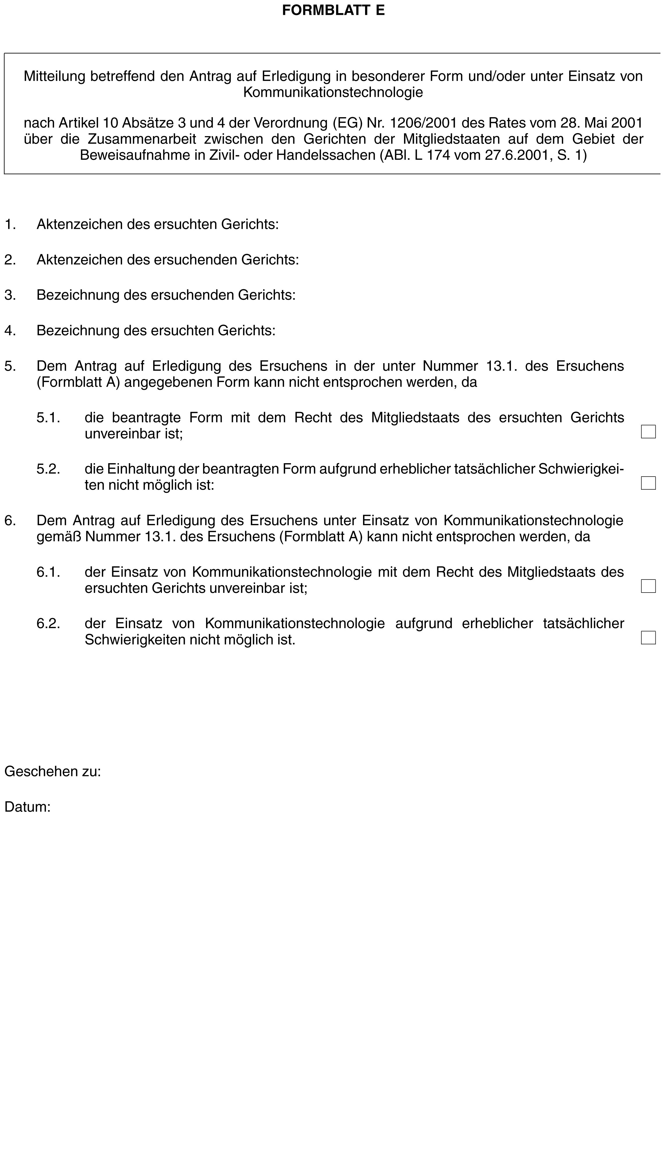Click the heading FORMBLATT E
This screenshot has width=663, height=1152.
point(333,10)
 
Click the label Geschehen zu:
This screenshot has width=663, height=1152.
point(52,771)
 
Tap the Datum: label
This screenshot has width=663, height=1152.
point(27,807)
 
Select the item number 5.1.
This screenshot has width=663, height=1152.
point(48,418)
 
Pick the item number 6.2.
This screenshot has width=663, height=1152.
point(48,623)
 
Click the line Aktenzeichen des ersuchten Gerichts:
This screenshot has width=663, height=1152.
point(157,224)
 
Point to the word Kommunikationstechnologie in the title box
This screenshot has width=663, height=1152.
point(333,92)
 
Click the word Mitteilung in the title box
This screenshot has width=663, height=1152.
point(54,76)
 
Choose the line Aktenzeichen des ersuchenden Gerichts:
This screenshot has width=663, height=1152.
point(167,260)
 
